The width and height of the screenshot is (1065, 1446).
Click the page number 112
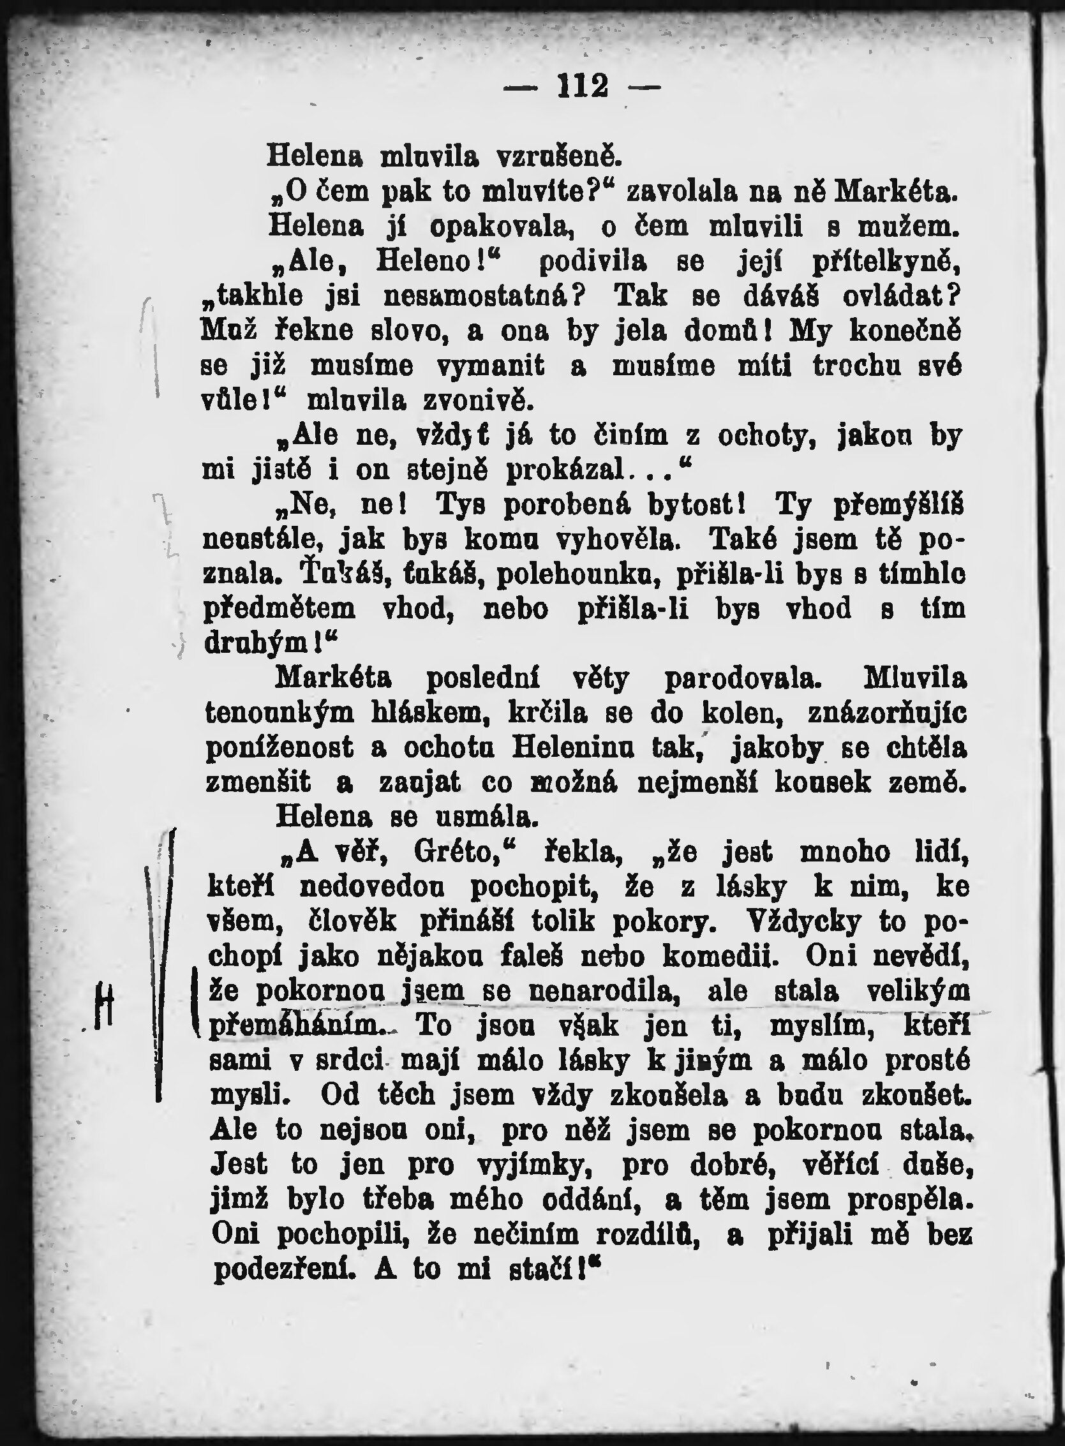tap(583, 86)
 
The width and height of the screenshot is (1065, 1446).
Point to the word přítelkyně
tap(886, 262)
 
